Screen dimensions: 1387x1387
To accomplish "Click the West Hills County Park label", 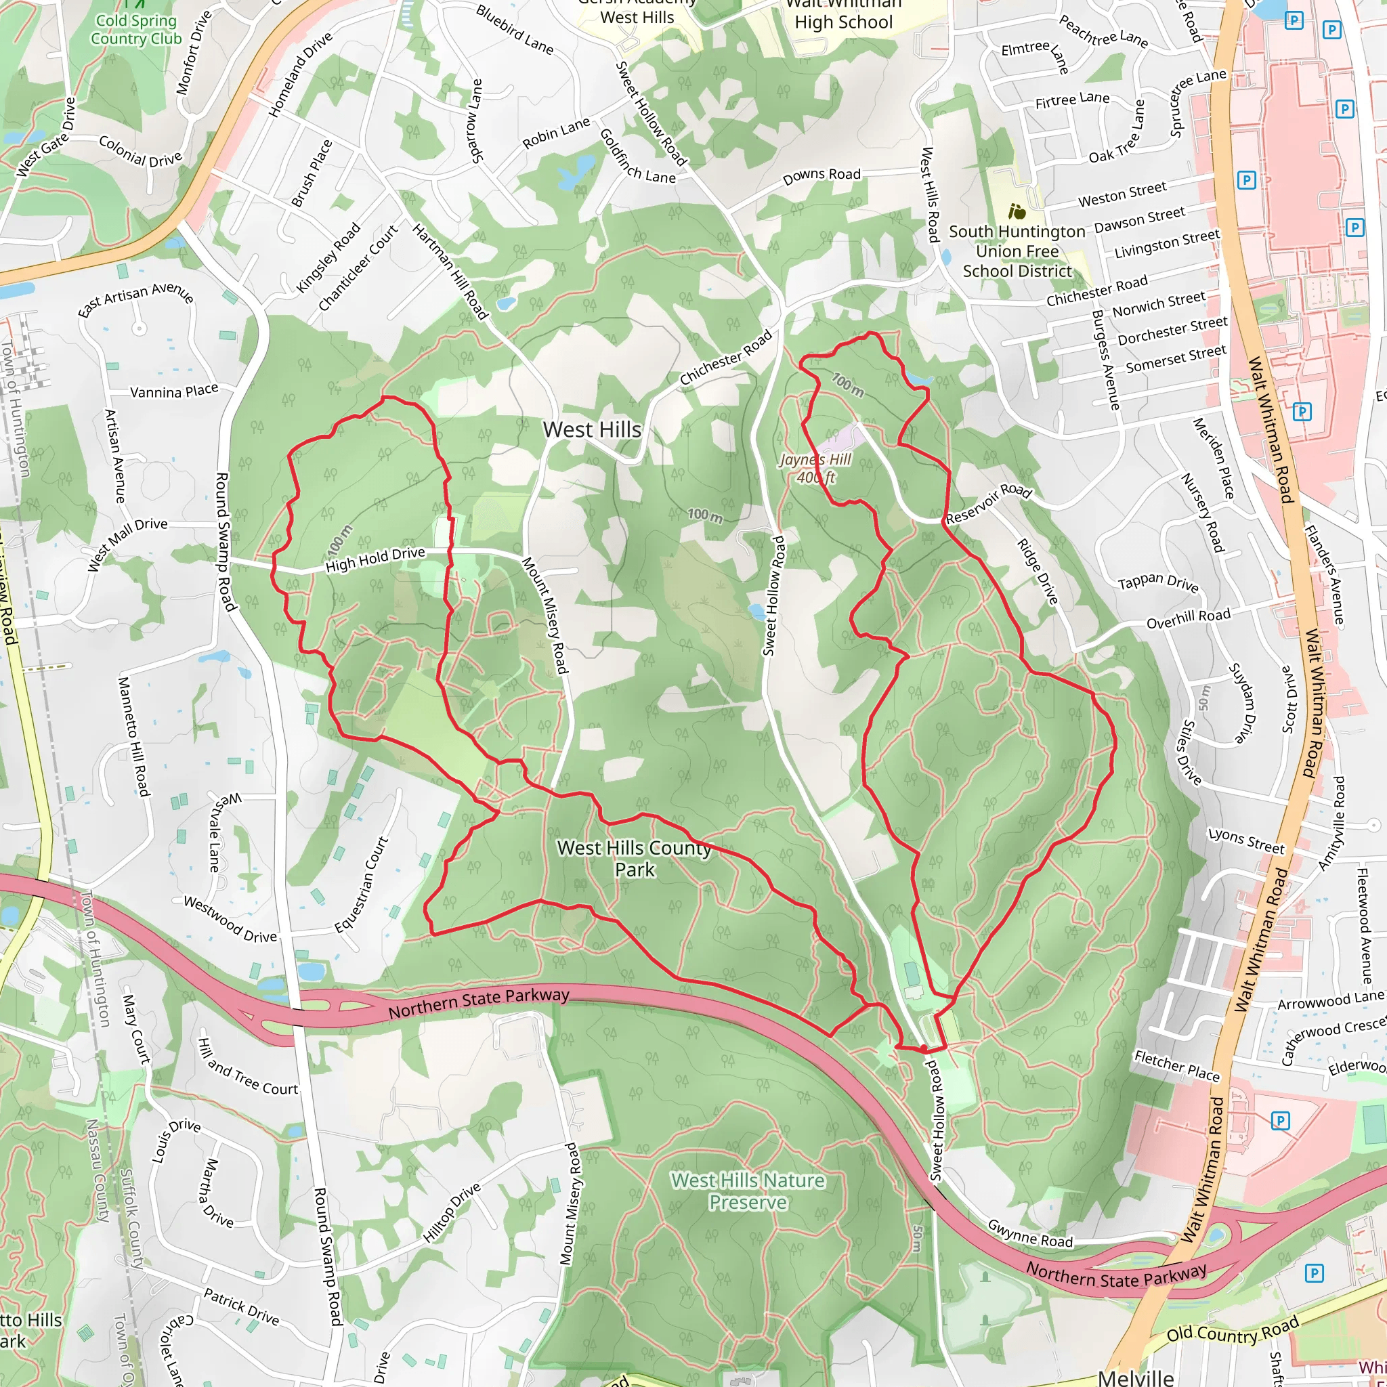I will (x=635, y=859).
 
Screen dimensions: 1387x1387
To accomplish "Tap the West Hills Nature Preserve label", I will (x=748, y=1191).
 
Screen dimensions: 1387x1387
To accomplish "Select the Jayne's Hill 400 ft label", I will (x=815, y=468).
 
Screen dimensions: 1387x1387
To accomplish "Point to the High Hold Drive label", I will (x=375, y=559).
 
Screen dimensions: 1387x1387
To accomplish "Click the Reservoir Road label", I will (x=989, y=504).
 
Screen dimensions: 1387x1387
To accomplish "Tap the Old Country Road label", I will (x=1232, y=1333).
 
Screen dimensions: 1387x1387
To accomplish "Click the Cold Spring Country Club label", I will (x=135, y=29).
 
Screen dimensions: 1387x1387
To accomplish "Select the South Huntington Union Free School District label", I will (x=1017, y=251).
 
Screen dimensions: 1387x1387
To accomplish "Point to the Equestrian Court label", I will (x=362, y=884).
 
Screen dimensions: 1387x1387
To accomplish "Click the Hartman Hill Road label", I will (x=450, y=272).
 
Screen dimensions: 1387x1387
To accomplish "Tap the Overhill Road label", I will (x=1188, y=619).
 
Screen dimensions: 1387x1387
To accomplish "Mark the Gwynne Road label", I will (x=1029, y=1233).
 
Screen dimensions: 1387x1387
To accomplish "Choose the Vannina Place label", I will (x=174, y=391).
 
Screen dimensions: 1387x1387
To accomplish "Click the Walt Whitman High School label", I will (x=844, y=14).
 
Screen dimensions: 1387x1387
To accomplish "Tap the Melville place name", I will (x=1136, y=1377).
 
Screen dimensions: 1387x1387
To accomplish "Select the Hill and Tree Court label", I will (x=248, y=1067).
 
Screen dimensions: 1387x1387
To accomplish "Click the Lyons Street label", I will (x=1245, y=840).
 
